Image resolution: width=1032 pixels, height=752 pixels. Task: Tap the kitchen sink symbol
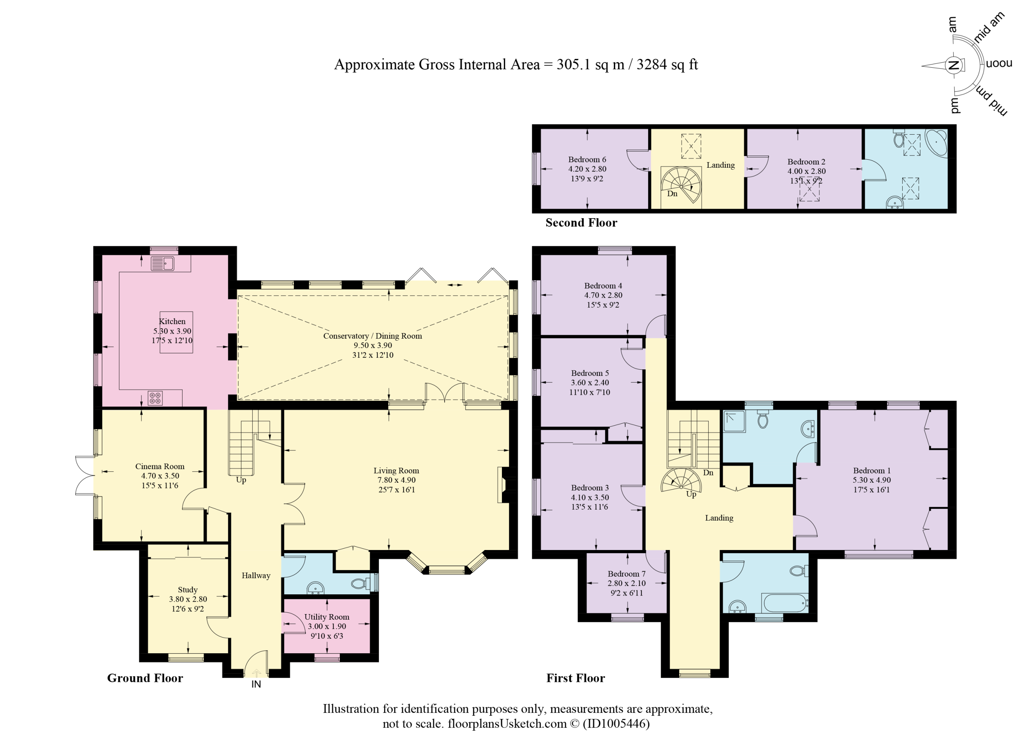click(x=162, y=264)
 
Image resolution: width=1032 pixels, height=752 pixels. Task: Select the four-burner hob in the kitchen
click(x=155, y=398)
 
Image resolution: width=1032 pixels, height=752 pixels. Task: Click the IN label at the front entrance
click(x=256, y=684)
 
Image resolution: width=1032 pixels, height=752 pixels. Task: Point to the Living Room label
click(x=396, y=471)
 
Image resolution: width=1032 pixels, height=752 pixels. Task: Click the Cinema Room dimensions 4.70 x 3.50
click(x=160, y=476)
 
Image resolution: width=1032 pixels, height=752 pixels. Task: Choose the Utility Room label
click(x=327, y=617)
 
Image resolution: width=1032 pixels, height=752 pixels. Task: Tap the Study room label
click(x=187, y=590)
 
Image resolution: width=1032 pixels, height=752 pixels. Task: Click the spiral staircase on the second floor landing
click(x=681, y=185)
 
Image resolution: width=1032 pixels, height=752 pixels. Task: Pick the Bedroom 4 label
click(x=603, y=286)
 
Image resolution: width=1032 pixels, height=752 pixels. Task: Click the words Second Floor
click(x=582, y=223)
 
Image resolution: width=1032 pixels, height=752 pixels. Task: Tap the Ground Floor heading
click(x=145, y=678)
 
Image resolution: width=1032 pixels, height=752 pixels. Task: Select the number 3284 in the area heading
click(x=655, y=65)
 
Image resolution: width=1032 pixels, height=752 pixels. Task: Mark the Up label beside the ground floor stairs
click(x=241, y=480)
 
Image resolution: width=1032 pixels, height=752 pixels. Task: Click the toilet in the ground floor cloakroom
click(x=362, y=583)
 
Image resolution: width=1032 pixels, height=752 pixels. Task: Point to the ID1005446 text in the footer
click(x=616, y=724)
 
